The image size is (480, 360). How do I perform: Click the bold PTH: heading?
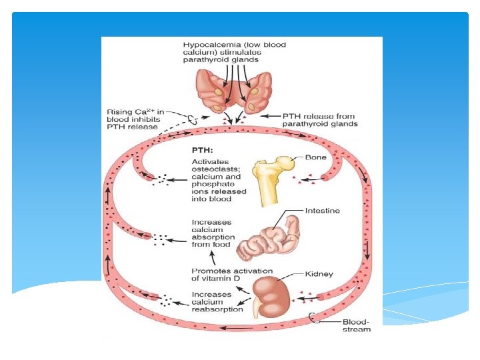pos(203,150)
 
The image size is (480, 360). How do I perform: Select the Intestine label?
pos(323,211)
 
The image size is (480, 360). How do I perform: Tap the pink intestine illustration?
pos(267,237)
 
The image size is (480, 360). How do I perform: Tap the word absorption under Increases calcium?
pos(213,236)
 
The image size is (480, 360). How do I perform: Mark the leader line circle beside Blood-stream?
pos(314,318)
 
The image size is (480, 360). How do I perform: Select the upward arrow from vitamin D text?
pos(212,257)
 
